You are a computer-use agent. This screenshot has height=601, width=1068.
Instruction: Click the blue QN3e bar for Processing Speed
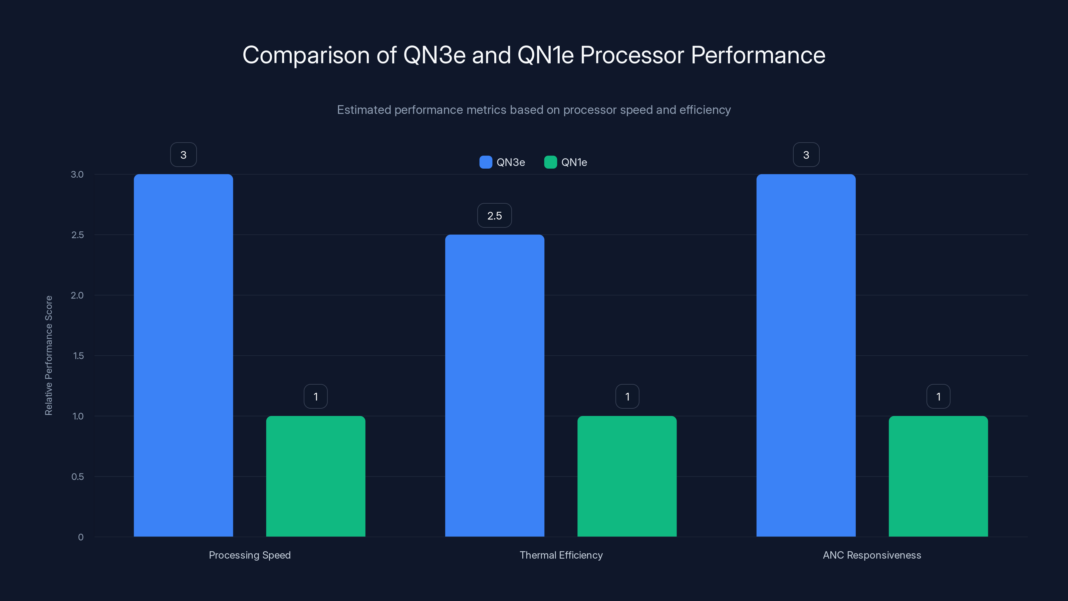183,355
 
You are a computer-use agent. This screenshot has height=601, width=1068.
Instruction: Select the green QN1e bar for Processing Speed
315,476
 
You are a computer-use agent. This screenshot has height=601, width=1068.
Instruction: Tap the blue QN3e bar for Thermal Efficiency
495,386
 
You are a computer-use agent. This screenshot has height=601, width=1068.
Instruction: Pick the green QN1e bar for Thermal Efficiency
627,476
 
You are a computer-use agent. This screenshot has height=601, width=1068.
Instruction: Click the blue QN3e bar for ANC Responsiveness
806,355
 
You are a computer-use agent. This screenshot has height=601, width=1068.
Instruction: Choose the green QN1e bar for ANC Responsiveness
938,476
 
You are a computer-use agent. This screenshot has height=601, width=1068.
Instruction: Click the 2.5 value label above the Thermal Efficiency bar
494,216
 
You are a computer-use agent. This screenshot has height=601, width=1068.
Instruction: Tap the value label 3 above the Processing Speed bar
183,155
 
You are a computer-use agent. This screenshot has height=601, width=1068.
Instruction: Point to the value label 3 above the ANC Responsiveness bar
806,155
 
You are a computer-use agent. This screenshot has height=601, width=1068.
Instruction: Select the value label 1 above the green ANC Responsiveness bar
938,397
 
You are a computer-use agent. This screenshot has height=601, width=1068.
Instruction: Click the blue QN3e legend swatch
486,162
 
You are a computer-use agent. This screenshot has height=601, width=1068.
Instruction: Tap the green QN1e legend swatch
550,162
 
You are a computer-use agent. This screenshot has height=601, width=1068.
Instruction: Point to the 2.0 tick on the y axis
77,295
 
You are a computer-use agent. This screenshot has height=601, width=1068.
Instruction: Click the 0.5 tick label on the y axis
77,476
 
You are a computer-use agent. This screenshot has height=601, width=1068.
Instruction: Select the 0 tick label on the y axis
80,537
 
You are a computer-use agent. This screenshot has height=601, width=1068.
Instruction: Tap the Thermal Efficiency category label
561,555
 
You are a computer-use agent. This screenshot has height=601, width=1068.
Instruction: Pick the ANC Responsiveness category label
872,555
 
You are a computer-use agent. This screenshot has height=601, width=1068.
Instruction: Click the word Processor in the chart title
631,55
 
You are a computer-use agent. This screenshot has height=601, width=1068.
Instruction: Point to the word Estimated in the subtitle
363,110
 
